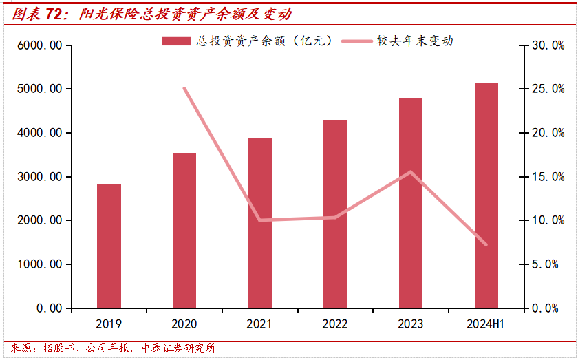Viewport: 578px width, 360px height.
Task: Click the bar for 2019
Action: click(109, 246)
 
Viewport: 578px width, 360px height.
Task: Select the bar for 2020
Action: click(184, 231)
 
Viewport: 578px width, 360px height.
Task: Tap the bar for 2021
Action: click(260, 222)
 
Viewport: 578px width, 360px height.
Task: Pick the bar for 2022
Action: click(336, 214)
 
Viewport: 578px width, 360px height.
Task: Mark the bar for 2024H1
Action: click(486, 195)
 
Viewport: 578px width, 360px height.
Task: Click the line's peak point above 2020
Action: click(184, 88)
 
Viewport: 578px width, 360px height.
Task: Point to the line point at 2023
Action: click(411, 172)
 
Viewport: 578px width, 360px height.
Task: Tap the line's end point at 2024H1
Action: click(486, 244)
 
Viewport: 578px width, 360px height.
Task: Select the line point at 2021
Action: click(260, 220)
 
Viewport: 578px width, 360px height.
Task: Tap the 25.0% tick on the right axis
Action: click(548, 89)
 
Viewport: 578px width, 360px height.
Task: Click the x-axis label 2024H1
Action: click(486, 324)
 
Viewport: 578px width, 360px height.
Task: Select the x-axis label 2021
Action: click(260, 324)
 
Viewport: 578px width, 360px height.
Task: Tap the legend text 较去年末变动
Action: click(414, 41)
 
